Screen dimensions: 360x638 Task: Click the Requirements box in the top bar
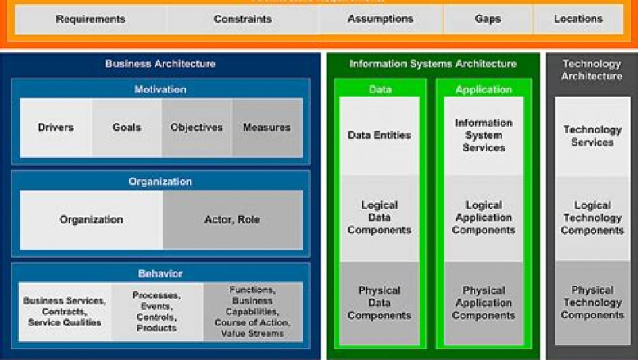[x=91, y=19]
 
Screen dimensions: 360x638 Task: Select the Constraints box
[x=243, y=19]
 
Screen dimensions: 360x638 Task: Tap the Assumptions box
[x=380, y=19]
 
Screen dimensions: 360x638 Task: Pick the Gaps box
[x=488, y=19]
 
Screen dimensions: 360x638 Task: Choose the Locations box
[x=578, y=19]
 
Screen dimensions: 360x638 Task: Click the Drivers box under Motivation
[x=56, y=128]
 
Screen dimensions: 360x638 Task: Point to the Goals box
[x=127, y=128]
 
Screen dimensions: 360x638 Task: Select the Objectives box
[x=196, y=128]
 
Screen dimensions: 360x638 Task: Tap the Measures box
[x=267, y=128]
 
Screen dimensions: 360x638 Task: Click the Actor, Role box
[x=232, y=219]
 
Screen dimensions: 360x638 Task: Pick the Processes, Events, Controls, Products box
[x=157, y=312]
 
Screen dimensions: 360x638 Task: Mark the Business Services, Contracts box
[x=65, y=312]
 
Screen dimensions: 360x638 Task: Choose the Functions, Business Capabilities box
[x=252, y=312]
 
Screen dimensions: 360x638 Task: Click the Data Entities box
[x=380, y=136]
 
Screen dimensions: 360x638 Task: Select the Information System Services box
[x=483, y=136]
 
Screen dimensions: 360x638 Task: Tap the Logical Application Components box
[x=483, y=218]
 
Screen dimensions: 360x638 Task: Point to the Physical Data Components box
[x=380, y=303]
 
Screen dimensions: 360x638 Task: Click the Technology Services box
[x=592, y=136]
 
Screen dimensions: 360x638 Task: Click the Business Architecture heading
[x=160, y=63]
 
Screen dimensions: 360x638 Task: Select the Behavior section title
[x=160, y=273]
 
